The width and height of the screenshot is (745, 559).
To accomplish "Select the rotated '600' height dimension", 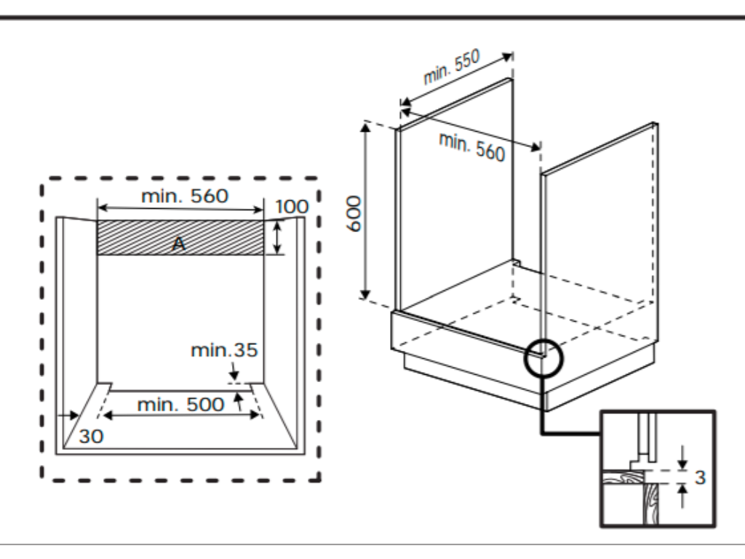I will [354, 213].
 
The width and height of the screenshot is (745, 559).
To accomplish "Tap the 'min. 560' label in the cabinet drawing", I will [471, 147].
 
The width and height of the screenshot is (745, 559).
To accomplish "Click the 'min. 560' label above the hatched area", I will [185, 195].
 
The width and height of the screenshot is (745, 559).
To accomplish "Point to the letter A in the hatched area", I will [178, 245].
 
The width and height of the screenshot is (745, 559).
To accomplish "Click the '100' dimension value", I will [292, 206].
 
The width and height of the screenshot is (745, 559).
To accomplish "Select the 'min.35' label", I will [224, 350].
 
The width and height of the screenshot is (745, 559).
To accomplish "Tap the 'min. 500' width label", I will [180, 405].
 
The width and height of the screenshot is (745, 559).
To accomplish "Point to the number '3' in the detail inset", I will [700, 478].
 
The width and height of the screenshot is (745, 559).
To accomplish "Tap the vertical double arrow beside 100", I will [277, 238].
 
